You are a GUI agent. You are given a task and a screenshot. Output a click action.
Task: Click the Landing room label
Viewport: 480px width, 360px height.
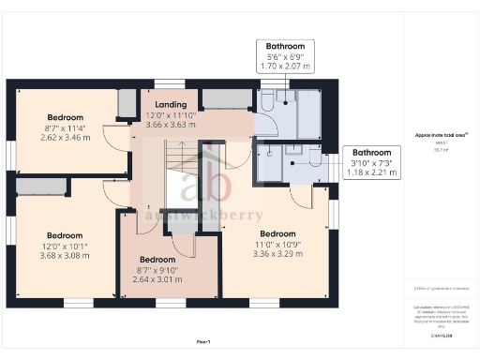[172, 104]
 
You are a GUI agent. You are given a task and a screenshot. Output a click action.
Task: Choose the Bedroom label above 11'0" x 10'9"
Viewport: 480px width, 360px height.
[278, 233]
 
